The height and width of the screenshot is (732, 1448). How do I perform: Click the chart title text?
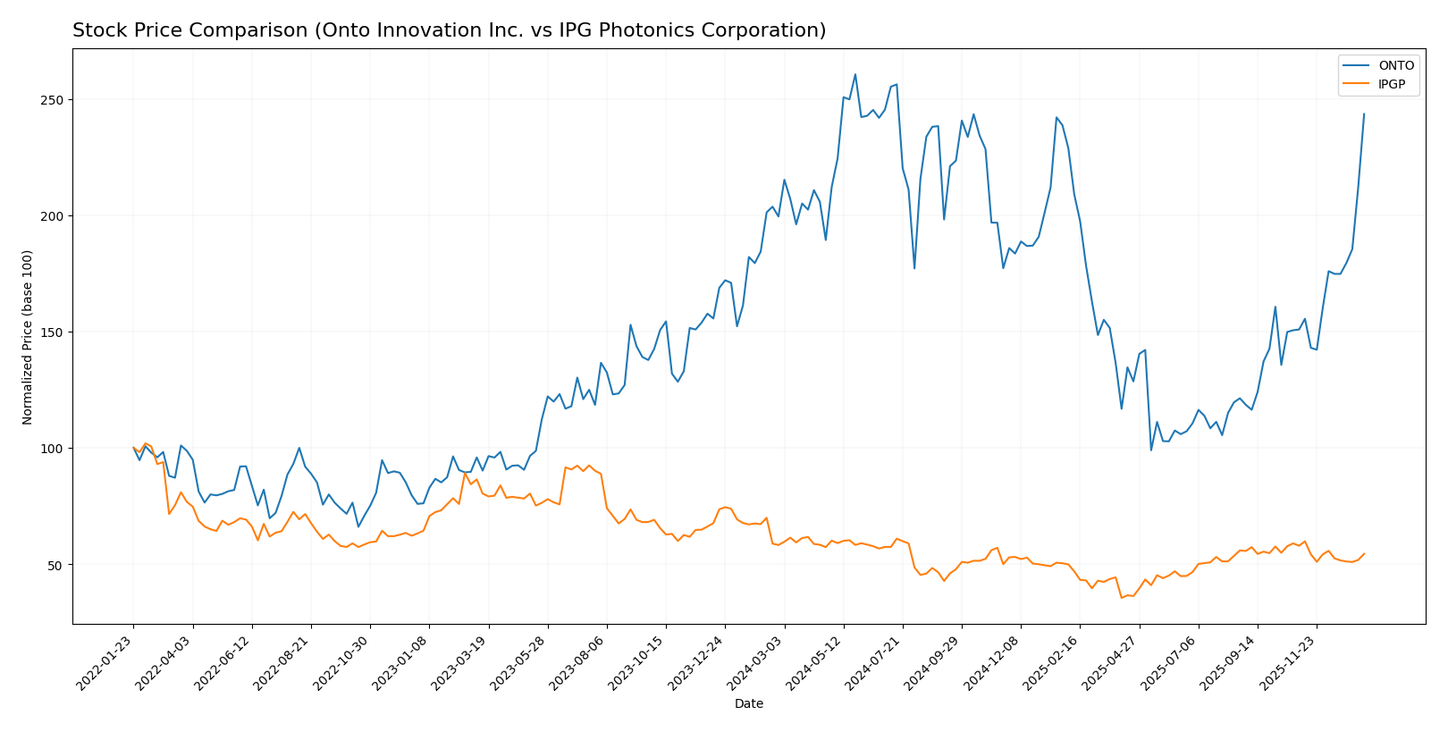point(449,30)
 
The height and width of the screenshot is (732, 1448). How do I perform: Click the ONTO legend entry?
point(1395,65)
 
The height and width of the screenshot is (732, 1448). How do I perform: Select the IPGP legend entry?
point(1391,85)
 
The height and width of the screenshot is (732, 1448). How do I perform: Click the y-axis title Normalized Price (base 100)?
point(28,337)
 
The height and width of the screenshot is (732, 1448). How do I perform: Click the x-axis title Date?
point(748,703)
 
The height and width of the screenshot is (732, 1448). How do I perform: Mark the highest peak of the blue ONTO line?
point(854,74)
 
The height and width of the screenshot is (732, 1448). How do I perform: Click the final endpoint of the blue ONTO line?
point(1364,114)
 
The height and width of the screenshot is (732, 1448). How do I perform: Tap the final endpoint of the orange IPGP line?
point(1364,553)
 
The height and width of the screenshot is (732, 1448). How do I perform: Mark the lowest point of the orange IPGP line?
point(1122,597)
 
